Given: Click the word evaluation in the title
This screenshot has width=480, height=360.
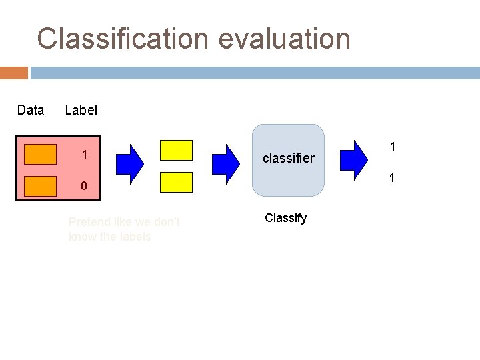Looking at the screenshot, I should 284,39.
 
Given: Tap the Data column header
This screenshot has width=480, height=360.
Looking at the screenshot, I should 31,110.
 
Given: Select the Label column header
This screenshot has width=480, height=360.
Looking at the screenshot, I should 81,110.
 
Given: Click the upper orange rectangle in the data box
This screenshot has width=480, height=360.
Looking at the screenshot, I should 40,154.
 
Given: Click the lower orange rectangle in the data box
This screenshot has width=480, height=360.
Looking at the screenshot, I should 40,186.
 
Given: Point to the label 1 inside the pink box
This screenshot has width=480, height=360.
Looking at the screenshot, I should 85,155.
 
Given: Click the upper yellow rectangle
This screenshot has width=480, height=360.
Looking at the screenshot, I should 177,151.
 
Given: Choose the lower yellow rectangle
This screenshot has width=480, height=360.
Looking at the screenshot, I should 177,182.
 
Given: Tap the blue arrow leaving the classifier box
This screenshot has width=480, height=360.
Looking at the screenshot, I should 354,157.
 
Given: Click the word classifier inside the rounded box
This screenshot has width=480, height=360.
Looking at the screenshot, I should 289,158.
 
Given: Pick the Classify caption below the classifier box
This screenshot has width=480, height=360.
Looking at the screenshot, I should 285,218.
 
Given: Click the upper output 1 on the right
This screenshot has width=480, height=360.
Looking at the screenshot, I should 393,146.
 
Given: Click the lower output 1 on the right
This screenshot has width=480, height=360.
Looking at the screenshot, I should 393,178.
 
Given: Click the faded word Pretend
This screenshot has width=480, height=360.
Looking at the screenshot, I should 91,222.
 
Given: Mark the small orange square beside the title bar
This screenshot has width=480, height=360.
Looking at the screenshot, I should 14,73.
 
